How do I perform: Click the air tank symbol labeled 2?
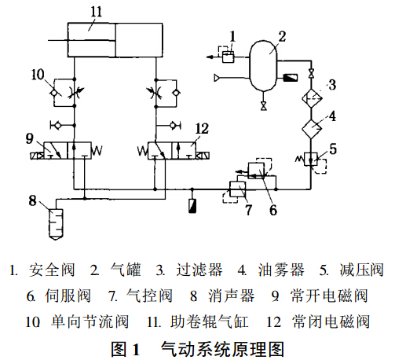pos(263,65)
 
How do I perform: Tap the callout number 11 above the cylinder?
pos(96,12)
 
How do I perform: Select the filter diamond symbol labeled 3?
pos(312,98)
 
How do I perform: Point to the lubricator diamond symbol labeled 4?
pos(312,129)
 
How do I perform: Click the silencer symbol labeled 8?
pos(56,224)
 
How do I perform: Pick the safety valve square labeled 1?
pos(228,57)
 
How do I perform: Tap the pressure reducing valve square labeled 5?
pos(311,159)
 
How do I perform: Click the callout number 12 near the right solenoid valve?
pos(202,129)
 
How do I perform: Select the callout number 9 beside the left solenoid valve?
pos(30,138)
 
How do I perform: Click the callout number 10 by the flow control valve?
pos(38,75)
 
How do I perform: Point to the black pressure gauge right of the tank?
pos(291,78)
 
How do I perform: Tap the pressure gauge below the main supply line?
pos(192,206)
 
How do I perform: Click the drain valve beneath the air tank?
pos(263,105)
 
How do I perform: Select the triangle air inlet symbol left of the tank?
pos(217,78)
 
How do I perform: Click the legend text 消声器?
pos(231,296)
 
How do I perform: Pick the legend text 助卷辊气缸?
pos(210,321)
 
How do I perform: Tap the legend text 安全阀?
pos(52,270)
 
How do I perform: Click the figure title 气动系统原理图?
pos(222,349)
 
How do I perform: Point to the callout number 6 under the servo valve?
pos(273,210)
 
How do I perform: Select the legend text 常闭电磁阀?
pos(331,321)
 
